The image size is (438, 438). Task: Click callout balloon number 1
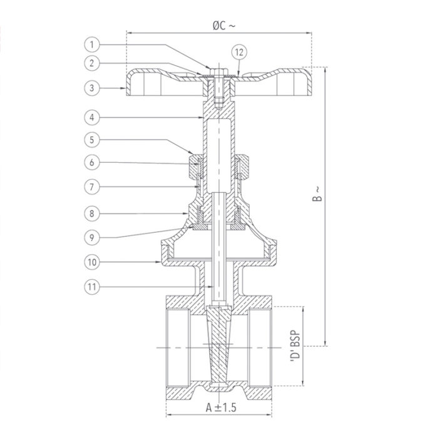click(x=92, y=44)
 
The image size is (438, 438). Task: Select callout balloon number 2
click(x=92, y=63)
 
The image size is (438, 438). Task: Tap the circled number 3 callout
click(x=92, y=88)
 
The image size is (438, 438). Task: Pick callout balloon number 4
click(x=92, y=117)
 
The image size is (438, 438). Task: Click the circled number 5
click(x=92, y=140)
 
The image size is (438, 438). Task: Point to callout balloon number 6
click(x=92, y=162)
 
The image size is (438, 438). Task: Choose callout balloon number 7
click(x=92, y=186)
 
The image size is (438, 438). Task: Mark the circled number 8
click(x=92, y=213)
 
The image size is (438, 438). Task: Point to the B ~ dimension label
click(x=318, y=194)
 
